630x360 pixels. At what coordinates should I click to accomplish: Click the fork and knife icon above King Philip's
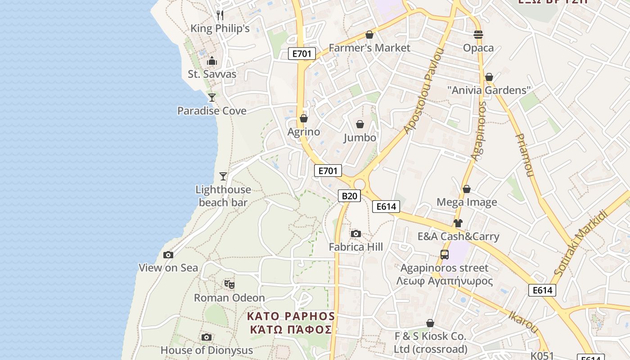pyautogui.click(x=220, y=15)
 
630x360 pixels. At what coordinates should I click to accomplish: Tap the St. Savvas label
pyautogui.click(x=212, y=74)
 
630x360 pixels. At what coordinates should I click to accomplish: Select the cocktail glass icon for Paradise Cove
pyautogui.click(x=212, y=97)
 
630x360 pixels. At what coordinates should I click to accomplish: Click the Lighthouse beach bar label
pyautogui.click(x=223, y=196)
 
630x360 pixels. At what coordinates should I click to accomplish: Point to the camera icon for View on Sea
pyautogui.click(x=168, y=255)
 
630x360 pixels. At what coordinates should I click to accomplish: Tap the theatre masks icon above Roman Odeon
pyautogui.click(x=229, y=284)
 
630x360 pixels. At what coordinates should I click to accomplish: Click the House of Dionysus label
pyautogui.click(x=207, y=350)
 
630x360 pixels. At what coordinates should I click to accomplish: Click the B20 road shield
pyautogui.click(x=349, y=196)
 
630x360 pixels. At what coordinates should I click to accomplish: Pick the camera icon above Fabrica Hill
pyautogui.click(x=356, y=234)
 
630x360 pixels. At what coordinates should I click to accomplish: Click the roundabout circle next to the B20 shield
pyautogui.click(x=359, y=184)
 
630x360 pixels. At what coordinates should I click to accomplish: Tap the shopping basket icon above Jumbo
pyautogui.click(x=360, y=124)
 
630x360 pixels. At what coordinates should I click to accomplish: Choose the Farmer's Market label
pyautogui.click(x=369, y=48)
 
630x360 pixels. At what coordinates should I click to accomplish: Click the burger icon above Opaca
pyautogui.click(x=478, y=35)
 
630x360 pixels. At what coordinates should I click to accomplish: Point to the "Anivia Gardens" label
pyautogui.click(x=489, y=90)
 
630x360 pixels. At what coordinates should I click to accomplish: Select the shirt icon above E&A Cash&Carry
pyautogui.click(x=458, y=223)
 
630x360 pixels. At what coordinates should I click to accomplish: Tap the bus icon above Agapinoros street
pyautogui.click(x=445, y=255)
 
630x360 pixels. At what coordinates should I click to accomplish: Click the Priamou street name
pyautogui.click(x=523, y=155)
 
